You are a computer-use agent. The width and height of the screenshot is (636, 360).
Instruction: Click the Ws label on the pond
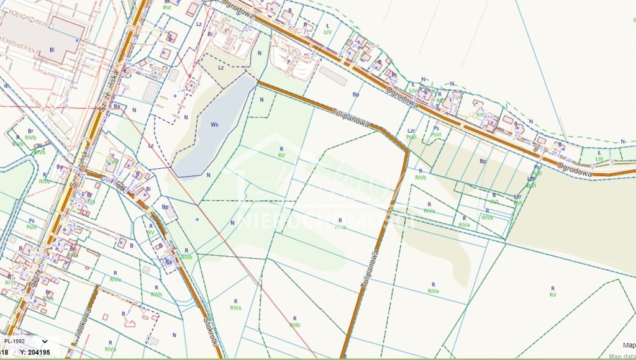click(x=214, y=125)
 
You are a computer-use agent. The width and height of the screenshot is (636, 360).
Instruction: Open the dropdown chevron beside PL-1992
click(x=45, y=341)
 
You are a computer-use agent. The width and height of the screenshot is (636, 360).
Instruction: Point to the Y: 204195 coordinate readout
click(x=35, y=353)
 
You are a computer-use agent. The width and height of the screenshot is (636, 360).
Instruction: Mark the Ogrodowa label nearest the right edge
click(x=571, y=168)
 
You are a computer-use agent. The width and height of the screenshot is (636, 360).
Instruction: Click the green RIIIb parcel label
click(x=294, y=325)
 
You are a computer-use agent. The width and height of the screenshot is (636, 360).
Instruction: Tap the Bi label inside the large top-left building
click(x=52, y=48)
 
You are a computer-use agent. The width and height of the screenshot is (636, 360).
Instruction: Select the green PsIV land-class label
click(x=32, y=227)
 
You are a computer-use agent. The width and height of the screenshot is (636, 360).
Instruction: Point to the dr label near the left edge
click(x=6, y=85)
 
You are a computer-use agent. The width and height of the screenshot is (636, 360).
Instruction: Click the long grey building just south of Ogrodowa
click(x=334, y=76)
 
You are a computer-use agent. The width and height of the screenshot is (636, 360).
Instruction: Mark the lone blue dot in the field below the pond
click(x=198, y=220)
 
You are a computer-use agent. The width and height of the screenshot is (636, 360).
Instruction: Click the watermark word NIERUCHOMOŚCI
click(x=323, y=221)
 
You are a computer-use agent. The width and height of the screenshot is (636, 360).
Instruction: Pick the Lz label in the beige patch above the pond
click(x=221, y=67)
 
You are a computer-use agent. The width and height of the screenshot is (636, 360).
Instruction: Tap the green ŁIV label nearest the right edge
click(x=599, y=159)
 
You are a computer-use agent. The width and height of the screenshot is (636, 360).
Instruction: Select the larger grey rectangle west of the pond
click(x=151, y=92)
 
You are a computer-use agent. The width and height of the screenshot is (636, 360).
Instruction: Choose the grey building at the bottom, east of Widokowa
click(x=152, y=341)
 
